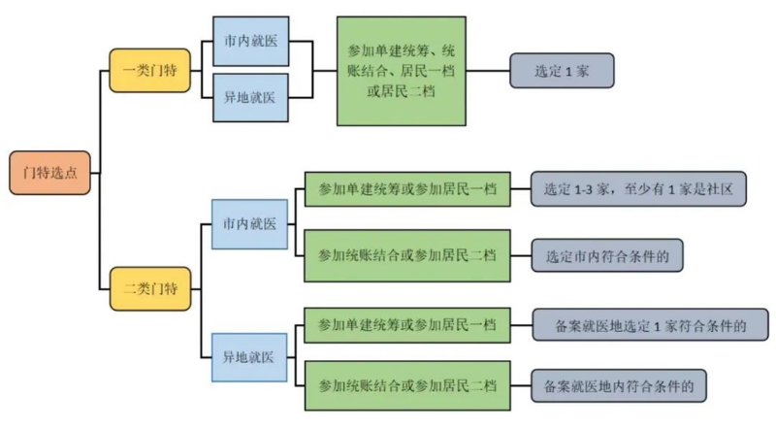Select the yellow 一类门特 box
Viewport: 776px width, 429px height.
tap(149, 71)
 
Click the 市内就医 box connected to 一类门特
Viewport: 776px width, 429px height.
tap(249, 44)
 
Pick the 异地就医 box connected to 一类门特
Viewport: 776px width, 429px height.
tap(249, 98)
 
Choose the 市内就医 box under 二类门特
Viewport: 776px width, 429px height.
tap(249, 224)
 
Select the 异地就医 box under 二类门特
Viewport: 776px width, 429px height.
tap(249, 356)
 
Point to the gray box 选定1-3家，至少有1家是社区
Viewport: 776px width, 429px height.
tap(638, 189)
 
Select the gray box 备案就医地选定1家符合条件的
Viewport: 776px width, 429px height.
tap(649, 324)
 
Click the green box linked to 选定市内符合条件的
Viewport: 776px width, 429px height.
tap(406, 254)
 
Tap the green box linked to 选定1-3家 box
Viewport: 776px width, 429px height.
tap(406, 189)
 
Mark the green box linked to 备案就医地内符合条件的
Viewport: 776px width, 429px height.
tap(406, 385)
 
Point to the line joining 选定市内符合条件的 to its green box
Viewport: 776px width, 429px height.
tap(520, 254)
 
